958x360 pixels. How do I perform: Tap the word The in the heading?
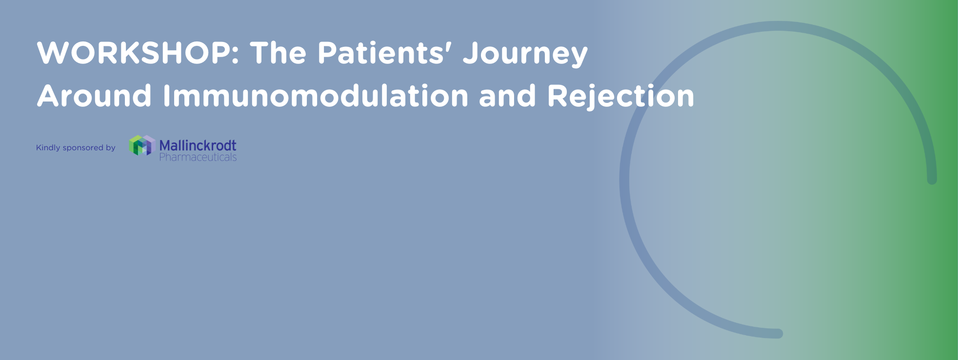click(278, 53)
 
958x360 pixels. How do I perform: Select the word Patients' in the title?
click(381, 53)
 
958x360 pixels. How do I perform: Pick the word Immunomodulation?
click(316, 96)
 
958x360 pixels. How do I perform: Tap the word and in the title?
click(507, 96)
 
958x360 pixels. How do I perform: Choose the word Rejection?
click(620, 97)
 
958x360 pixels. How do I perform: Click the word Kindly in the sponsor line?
click(48, 148)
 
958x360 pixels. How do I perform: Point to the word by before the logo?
click(111, 148)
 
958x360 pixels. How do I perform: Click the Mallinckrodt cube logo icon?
click(142, 145)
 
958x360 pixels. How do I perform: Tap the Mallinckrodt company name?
click(198, 145)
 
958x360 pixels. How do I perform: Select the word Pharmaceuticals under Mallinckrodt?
click(198, 157)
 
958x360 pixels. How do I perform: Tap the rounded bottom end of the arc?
click(778, 334)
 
